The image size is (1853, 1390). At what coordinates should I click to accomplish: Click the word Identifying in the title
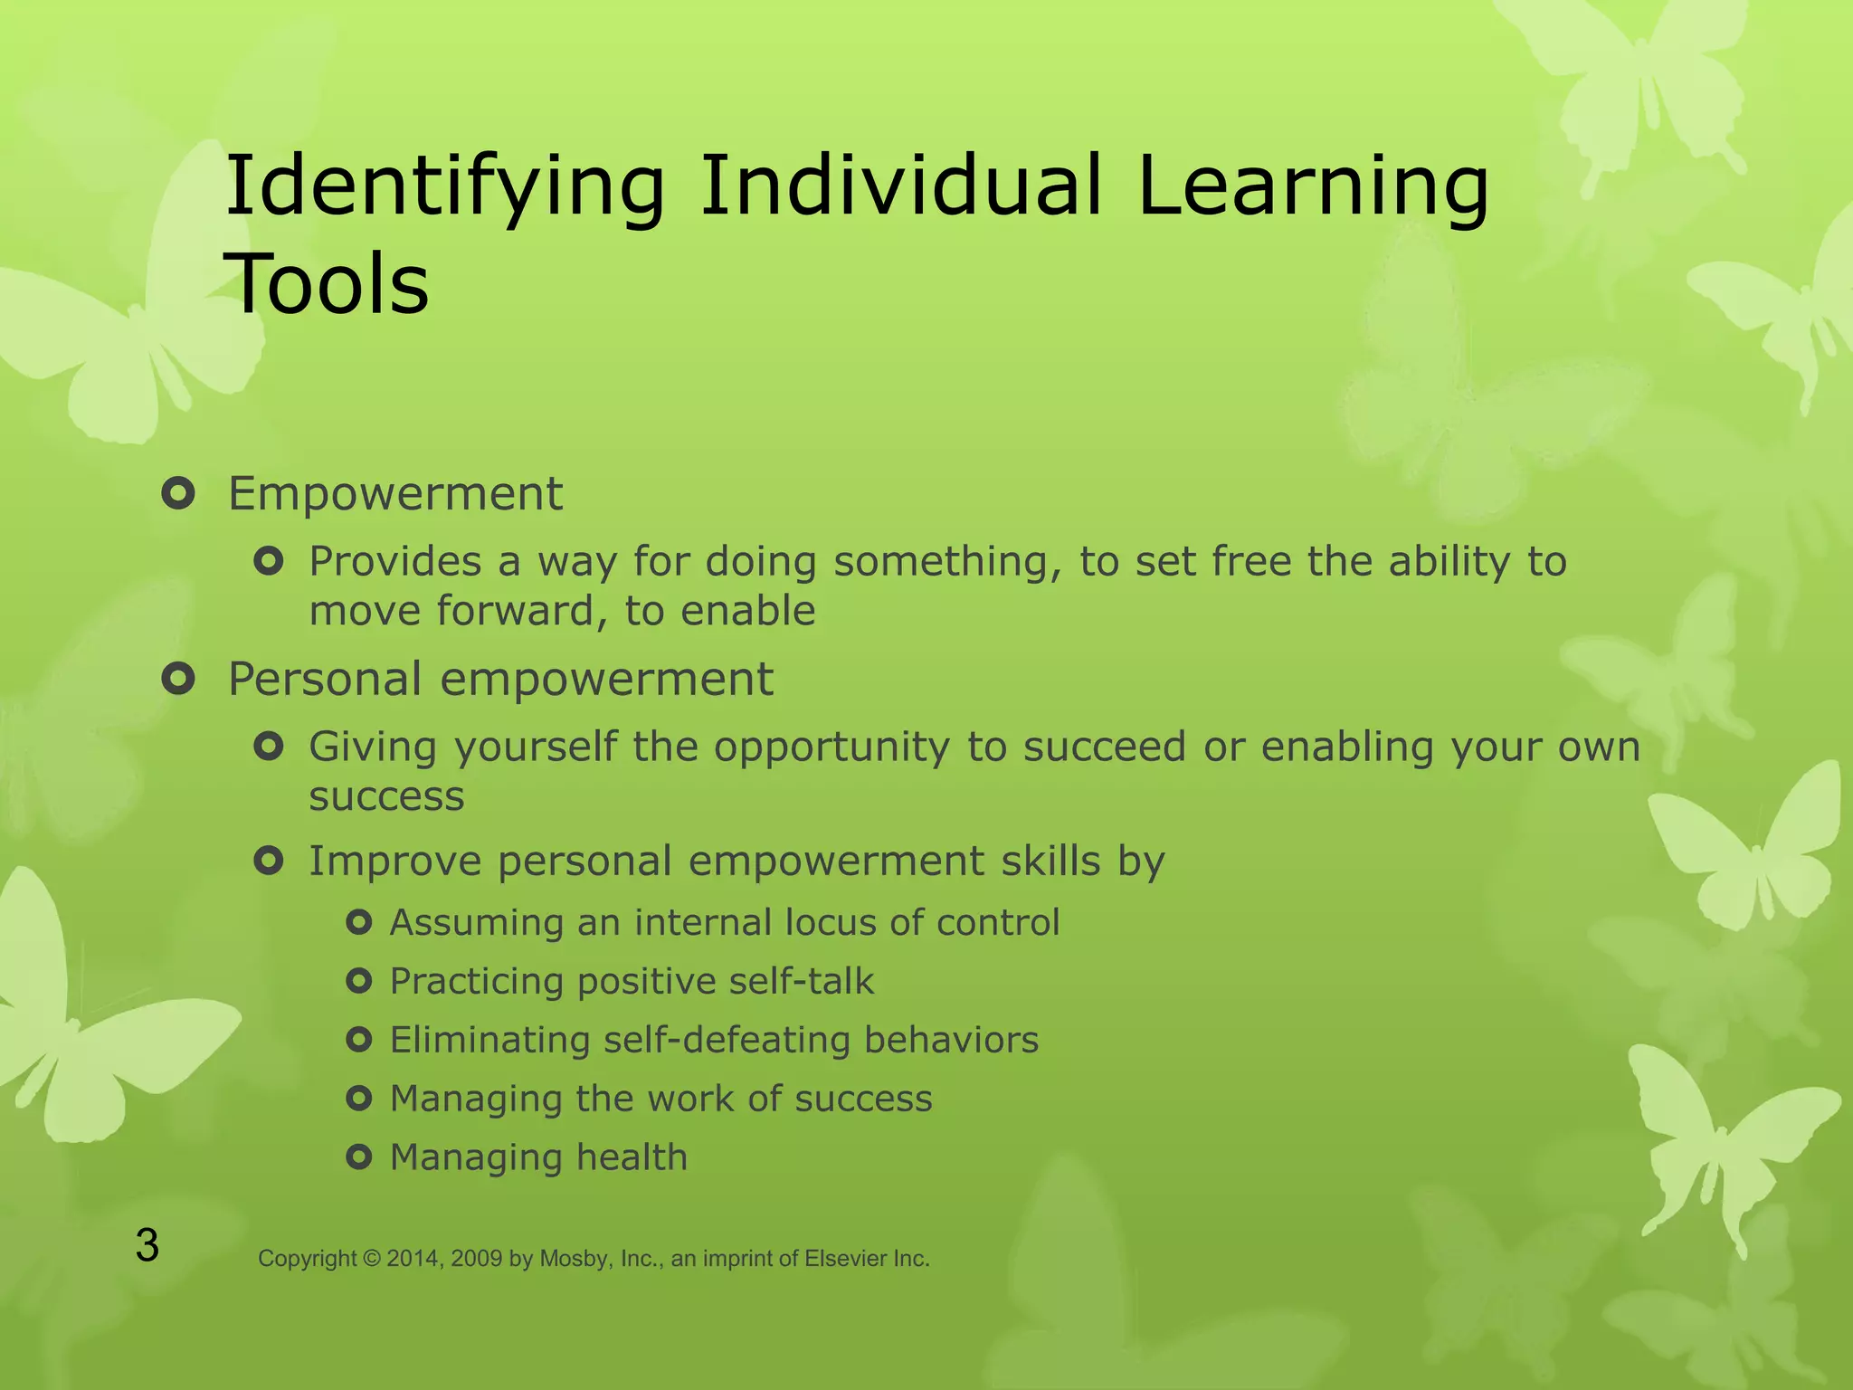click(x=443, y=188)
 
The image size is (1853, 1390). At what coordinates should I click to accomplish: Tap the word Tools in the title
click(x=328, y=284)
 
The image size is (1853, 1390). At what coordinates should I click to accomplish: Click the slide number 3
click(x=147, y=1246)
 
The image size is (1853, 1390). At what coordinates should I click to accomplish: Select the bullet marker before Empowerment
click(x=178, y=494)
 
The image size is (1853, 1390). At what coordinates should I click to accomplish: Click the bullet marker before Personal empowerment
click(x=178, y=679)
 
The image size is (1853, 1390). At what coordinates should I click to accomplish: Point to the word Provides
click(x=394, y=562)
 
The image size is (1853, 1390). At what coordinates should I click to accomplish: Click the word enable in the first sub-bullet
click(x=747, y=611)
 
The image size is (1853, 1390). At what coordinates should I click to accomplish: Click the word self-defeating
click(x=727, y=1040)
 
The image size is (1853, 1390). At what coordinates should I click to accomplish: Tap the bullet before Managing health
click(x=359, y=1157)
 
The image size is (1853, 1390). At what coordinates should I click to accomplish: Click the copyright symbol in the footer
click(x=372, y=1259)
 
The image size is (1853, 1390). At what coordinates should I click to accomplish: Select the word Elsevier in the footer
click(x=845, y=1259)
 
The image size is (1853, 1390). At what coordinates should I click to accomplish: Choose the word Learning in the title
click(x=1312, y=188)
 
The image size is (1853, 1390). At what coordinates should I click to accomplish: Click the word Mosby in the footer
click(x=570, y=1259)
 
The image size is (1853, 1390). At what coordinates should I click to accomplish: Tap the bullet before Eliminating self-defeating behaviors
click(x=359, y=1040)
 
